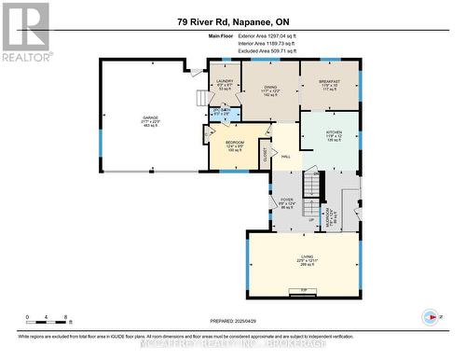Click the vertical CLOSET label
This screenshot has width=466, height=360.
click(x=265, y=154)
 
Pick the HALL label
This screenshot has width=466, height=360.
click(x=286, y=157)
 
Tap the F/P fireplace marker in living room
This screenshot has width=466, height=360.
click(x=303, y=292)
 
